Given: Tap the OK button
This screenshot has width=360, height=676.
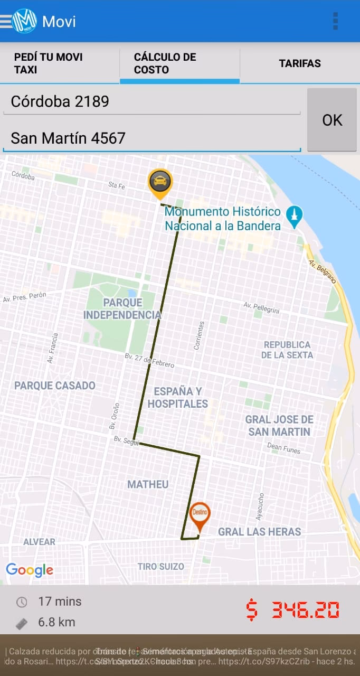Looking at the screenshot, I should point(332,120).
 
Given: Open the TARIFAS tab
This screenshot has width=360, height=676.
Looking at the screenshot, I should point(299,63).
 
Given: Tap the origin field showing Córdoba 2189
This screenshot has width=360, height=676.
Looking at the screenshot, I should point(151,101).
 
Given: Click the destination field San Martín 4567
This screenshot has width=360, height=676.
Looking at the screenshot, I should point(151,138).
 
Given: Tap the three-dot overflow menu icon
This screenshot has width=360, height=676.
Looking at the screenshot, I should point(335,21).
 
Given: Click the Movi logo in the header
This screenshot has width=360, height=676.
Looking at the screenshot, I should point(24,21).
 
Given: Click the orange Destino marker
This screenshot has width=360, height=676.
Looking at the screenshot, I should point(200,514).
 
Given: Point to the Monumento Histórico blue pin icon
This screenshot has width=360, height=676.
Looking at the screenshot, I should point(294,215).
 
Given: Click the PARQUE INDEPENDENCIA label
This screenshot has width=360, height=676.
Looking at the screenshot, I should point(122,309).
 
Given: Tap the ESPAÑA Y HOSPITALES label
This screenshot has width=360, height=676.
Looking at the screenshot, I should point(177,398).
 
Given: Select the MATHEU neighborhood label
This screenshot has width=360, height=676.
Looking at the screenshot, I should point(148,484).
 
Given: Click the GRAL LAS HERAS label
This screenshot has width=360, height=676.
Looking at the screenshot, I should point(259,532).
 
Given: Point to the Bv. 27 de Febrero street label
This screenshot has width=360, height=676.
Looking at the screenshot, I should point(149,361).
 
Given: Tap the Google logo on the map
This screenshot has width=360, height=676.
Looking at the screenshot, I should point(30,570).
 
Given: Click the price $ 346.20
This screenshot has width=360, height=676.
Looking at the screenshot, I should point(292,611).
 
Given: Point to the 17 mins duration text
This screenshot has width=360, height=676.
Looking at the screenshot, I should point(60,601).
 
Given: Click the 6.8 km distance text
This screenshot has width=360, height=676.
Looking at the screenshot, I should point(56,622).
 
